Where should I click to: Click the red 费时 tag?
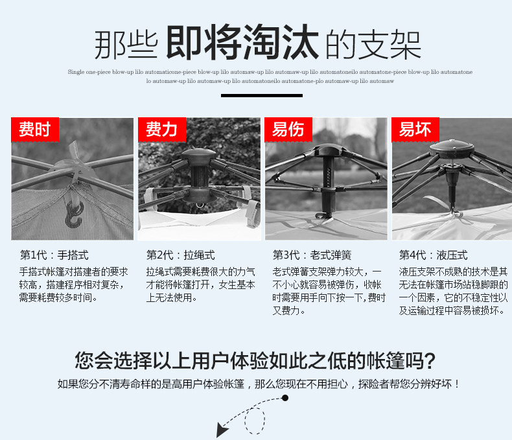34,130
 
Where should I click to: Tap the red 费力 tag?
161,130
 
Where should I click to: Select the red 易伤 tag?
288,130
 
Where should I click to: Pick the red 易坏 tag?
415,130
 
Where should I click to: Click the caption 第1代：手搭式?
54,255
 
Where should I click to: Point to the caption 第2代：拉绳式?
181,255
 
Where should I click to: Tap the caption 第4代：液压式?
434,255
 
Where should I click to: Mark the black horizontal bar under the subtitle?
255,95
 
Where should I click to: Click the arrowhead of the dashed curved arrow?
222,429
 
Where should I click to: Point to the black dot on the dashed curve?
285,397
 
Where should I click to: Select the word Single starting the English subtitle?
76,72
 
